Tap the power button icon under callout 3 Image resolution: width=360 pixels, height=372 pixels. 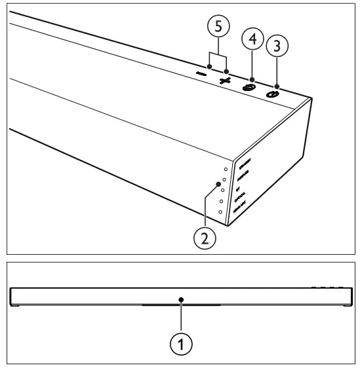(x=272, y=94)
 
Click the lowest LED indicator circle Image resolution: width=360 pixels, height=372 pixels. (x=220, y=212)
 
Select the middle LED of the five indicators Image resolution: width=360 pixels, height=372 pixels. (x=223, y=190)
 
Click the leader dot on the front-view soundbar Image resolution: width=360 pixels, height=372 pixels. (x=180, y=299)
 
